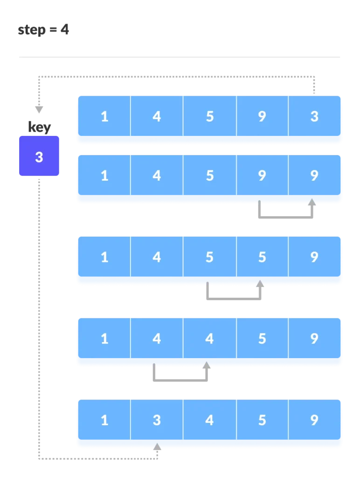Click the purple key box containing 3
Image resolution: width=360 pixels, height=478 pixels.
(39, 157)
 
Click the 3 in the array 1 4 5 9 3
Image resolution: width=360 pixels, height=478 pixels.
(314, 116)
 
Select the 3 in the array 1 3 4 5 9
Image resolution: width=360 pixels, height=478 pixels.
(157, 420)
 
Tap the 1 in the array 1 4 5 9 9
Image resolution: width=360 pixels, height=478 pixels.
(104, 176)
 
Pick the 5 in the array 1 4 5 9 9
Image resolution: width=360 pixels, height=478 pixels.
(209, 176)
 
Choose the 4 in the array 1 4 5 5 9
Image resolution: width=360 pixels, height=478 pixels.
(157, 257)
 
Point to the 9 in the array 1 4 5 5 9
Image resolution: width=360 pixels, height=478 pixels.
(314, 257)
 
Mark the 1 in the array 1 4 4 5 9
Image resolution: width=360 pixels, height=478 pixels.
(104, 338)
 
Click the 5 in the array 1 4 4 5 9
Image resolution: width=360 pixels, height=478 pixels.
(262, 338)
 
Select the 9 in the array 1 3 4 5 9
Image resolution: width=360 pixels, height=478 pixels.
(314, 420)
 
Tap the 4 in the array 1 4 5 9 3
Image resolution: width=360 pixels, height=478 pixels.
(157, 116)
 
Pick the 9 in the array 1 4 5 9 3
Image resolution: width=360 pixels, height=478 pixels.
(262, 116)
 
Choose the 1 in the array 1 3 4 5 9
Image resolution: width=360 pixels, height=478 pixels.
(104, 420)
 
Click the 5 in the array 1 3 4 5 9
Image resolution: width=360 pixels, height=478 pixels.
(262, 420)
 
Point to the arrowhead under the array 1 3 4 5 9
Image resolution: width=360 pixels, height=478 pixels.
(157, 447)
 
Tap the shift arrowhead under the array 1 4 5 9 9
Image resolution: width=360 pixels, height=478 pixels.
(312, 203)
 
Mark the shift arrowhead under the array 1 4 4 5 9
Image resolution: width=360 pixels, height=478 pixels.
(206, 366)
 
